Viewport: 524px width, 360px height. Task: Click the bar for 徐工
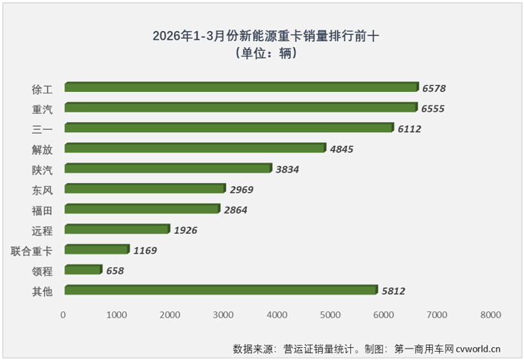click(x=241, y=87)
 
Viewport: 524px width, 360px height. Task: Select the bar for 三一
click(x=229, y=128)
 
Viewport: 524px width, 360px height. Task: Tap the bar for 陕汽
click(x=168, y=169)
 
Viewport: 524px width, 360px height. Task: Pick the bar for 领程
click(x=83, y=270)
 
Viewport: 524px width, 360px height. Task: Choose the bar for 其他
click(x=220, y=290)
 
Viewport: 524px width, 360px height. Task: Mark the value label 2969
click(x=245, y=189)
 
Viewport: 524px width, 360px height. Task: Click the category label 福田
click(x=43, y=210)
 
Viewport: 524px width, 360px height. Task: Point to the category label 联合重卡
click(x=33, y=250)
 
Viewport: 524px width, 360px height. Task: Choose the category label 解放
click(x=43, y=149)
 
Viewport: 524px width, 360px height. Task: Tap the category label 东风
click(x=43, y=189)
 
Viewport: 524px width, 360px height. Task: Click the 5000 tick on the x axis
click(x=330, y=314)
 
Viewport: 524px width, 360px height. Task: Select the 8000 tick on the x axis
click(x=491, y=314)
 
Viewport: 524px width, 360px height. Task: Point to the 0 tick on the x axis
click(x=64, y=314)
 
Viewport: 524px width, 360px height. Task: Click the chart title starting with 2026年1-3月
click(x=265, y=36)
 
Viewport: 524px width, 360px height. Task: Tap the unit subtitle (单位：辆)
click(x=265, y=53)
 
